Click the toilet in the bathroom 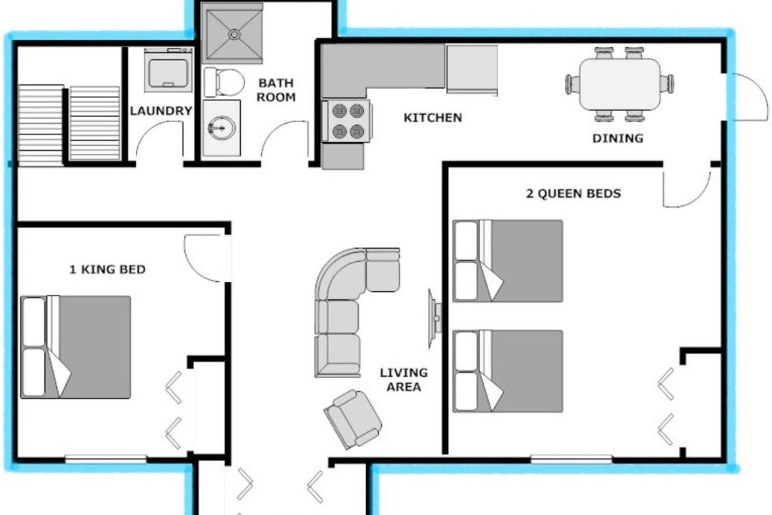[224, 82]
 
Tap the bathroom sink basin [222, 128]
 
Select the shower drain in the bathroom [234, 34]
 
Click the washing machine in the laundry [169, 70]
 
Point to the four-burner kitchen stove [347, 121]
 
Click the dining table [620, 84]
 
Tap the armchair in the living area [352, 419]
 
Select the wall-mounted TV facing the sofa [434, 318]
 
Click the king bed [75, 347]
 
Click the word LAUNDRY [161, 111]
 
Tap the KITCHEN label [432, 118]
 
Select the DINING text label [618, 138]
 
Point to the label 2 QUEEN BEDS [573, 193]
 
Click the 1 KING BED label [107, 270]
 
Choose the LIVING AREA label [404, 380]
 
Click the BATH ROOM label [276, 89]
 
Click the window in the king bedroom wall [106, 458]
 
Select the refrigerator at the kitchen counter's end [472, 69]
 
